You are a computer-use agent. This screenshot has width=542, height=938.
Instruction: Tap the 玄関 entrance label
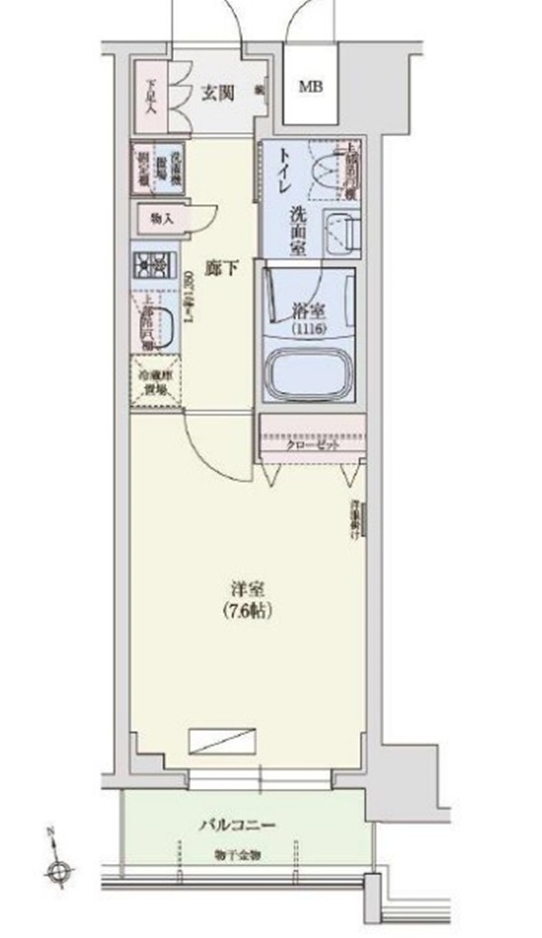click(x=218, y=94)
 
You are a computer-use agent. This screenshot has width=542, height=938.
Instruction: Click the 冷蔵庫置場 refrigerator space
click(x=155, y=382)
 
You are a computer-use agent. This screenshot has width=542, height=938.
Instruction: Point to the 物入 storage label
click(x=162, y=218)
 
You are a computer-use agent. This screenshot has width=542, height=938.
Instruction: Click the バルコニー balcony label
click(x=242, y=825)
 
